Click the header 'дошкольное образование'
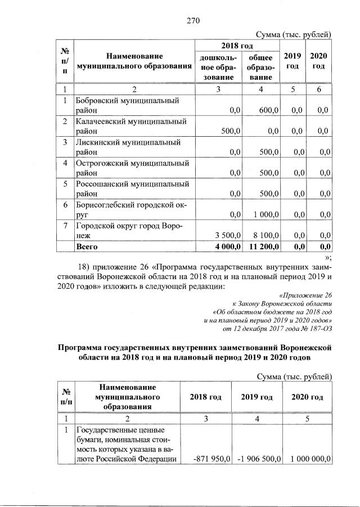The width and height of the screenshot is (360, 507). click(218, 67)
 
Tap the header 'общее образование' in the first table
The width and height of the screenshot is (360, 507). click(260, 67)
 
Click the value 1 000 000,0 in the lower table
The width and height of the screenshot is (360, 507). click(309, 459)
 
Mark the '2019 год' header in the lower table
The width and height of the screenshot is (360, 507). click(257, 397)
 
